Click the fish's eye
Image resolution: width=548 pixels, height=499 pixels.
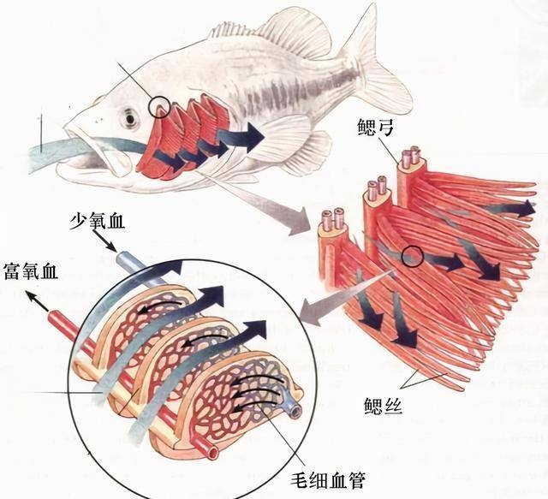130,118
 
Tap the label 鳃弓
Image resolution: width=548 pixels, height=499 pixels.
375,127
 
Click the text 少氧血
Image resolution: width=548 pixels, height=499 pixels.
97,221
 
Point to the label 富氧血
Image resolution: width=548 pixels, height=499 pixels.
31,271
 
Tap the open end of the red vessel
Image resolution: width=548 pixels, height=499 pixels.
210,453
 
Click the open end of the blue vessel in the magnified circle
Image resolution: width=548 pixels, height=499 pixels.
296,411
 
